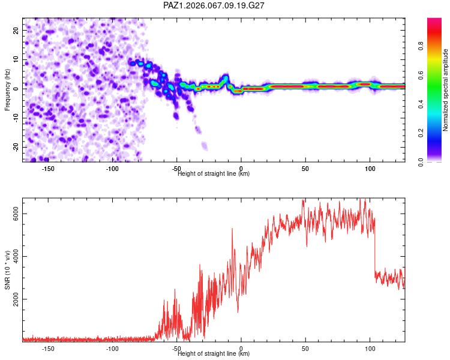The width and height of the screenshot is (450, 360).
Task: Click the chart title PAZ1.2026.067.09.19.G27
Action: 214,5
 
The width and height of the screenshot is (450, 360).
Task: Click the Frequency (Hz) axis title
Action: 8,89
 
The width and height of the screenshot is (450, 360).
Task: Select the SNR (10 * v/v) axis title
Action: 8,269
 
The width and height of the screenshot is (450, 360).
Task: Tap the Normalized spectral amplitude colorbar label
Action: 445,89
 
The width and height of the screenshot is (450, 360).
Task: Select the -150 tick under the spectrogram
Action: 48,169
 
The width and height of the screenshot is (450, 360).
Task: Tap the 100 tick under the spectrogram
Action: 370,169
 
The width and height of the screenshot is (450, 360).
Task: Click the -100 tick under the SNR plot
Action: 112,349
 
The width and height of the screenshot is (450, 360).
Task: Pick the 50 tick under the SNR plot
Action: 305,349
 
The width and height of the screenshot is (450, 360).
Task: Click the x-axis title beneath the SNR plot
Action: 214,354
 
